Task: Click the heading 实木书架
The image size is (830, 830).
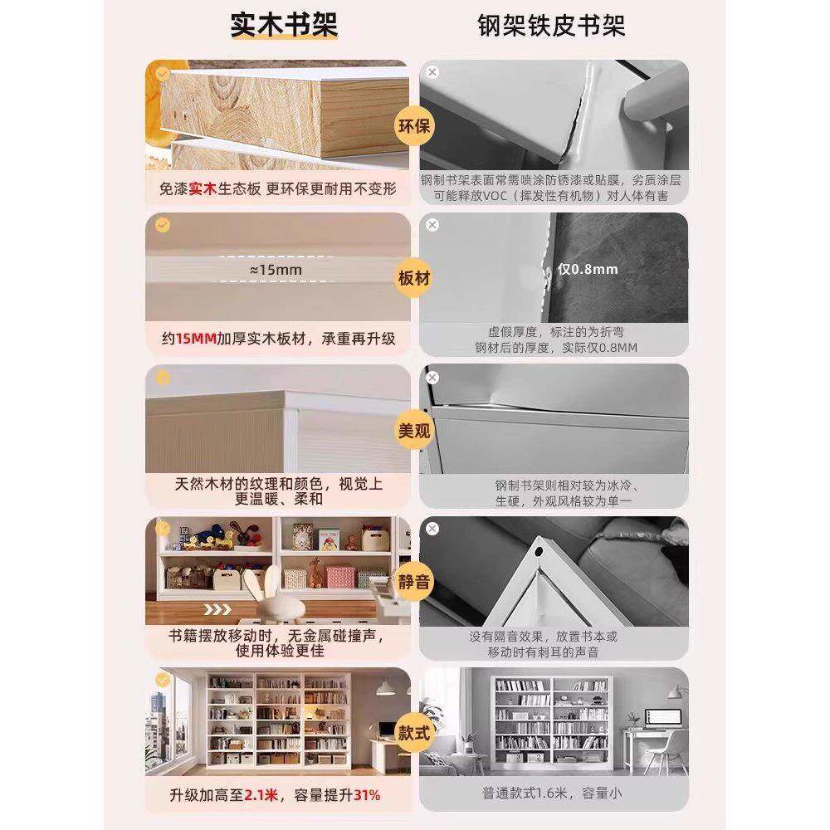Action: click(284, 26)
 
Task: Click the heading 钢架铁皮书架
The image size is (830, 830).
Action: click(551, 26)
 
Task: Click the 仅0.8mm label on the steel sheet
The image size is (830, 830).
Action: click(588, 269)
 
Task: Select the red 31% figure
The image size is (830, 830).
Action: click(367, 795)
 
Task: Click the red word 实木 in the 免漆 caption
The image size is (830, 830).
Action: click(203, 189)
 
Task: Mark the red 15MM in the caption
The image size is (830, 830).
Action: click(194, 339)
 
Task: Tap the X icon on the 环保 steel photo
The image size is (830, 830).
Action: click(432, 72)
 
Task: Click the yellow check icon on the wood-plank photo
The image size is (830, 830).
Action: click(163, 73)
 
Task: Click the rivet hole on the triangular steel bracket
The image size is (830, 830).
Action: click(540, 550)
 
